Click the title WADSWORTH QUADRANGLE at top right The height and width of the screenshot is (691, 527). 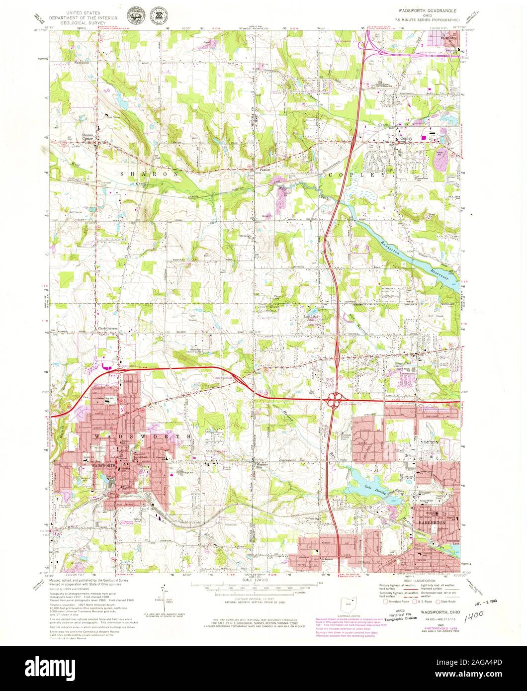click(x=427, y=10)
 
